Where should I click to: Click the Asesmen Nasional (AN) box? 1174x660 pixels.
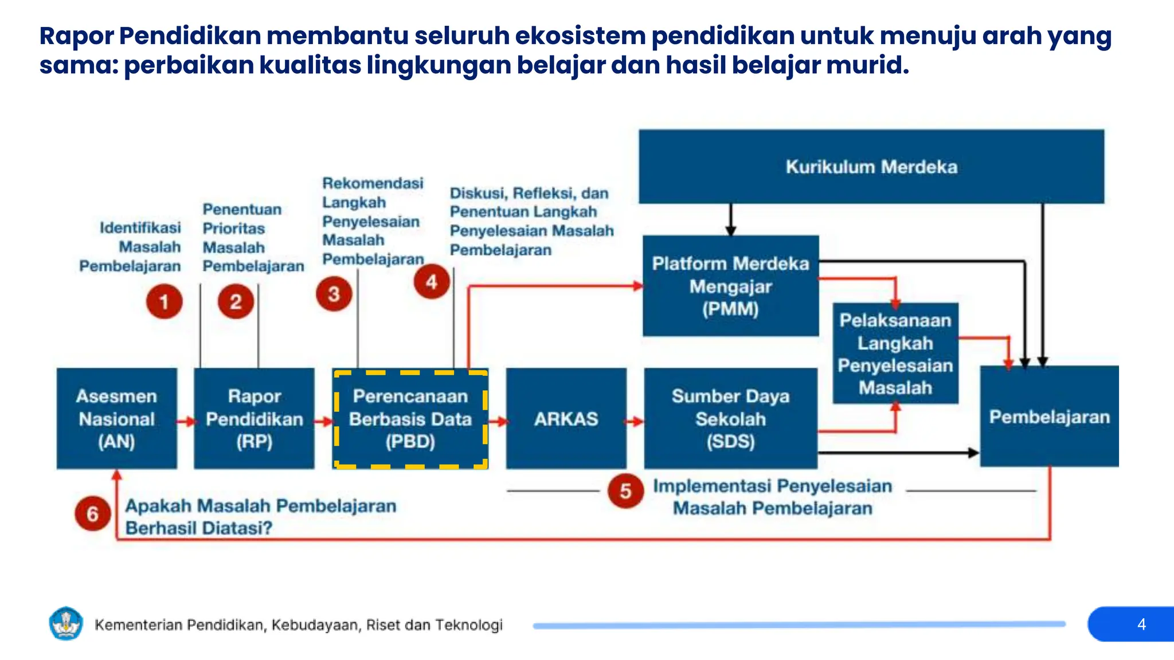[117, 418]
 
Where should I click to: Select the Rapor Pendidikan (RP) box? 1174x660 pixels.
[254, 418]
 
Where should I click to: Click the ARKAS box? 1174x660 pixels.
[566, 418]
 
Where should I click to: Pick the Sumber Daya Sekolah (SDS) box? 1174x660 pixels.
[730, 418]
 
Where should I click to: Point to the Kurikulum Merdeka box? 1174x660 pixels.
[871, 167]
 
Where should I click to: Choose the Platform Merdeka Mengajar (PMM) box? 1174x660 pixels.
[730, 286]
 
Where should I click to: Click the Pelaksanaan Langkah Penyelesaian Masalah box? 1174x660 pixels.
[895, 353]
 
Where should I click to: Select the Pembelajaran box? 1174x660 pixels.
[1049, 417]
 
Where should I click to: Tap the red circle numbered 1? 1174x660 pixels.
[164, 301]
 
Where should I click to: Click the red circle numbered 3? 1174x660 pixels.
[334, 294]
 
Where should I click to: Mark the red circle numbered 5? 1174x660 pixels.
[625, 490]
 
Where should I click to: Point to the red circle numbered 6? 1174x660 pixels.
[93, 513]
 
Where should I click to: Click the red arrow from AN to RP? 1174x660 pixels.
[186, 422]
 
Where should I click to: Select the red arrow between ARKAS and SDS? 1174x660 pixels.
[635, 422]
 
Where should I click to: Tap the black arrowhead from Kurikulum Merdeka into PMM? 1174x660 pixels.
[730, 230]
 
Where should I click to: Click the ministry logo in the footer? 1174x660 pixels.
[66, 623]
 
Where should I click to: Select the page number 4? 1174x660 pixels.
[1141, 624]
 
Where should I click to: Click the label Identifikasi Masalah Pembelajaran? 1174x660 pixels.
[131, 247]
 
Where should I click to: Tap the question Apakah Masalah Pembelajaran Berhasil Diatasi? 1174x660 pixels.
[260, 516]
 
